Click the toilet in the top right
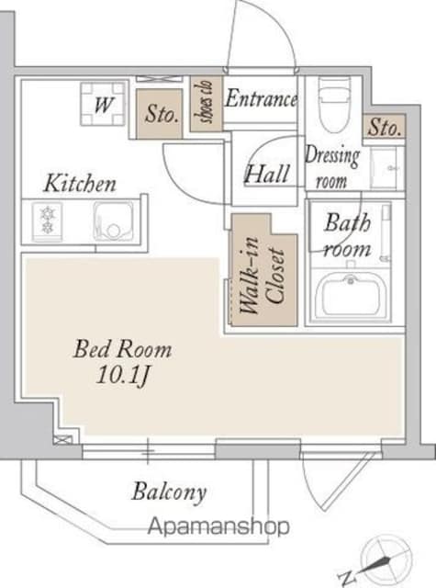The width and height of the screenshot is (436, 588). point(334,105)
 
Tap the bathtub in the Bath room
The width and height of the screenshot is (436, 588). point(351,295)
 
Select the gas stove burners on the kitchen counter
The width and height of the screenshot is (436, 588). point(47,220)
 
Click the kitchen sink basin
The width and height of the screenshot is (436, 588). point(113,220)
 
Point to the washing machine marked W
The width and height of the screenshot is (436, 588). point(103,104)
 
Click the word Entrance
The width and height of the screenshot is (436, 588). point(262,98)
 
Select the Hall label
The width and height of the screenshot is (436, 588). point(267,174)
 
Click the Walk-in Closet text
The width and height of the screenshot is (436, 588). point(263,276)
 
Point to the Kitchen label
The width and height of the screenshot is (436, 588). point(80,184)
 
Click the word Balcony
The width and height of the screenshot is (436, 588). point(169,492)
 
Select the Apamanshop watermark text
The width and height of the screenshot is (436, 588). point(218,526)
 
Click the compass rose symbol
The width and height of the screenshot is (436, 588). point(386,560)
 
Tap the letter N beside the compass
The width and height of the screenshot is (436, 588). point(345,578)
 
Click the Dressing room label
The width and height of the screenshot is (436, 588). point(332,167)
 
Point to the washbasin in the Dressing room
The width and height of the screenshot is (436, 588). point(383,167)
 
